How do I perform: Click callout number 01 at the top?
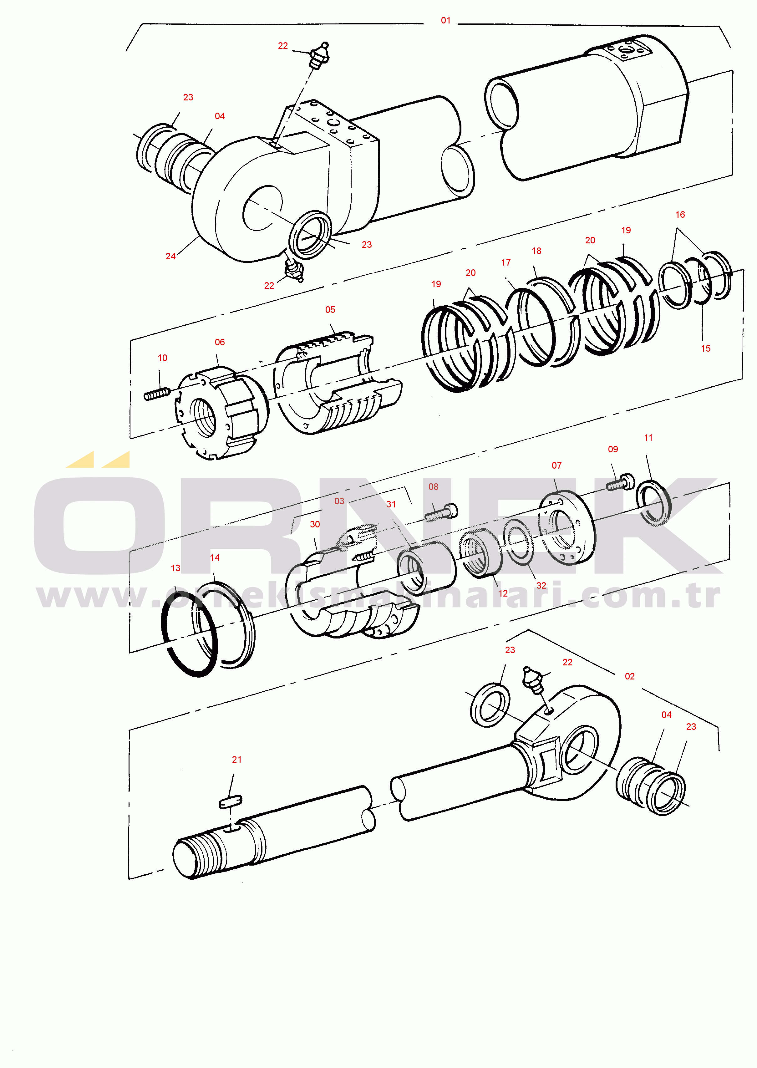tap(446, 21)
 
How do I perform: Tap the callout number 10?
tap(162, 358)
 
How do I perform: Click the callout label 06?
tap(220, 342)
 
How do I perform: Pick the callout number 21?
tap(237, 760)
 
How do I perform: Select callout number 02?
tap(630, 676)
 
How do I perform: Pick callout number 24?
tap(170, 256)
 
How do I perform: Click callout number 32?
tap(541, 586)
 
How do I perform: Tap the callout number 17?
tap(506, 262)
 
